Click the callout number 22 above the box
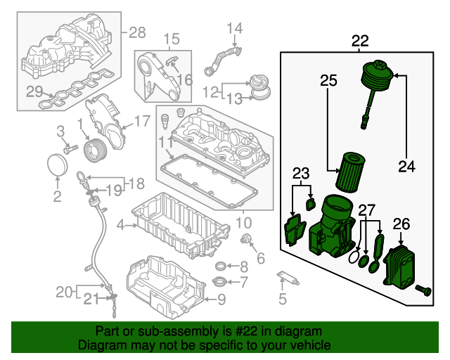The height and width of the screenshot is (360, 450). (x=360, y=41)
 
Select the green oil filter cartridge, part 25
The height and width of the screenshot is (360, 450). (x=350, y=172)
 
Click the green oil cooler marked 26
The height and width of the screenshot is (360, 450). (x=399, y=267)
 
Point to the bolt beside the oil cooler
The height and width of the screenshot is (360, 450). (x=423, y=290)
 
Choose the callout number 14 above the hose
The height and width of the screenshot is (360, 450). (x=234, y=28)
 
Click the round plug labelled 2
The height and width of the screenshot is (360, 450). (x=58, y=165)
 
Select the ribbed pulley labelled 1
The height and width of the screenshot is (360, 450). (x=96, y=150)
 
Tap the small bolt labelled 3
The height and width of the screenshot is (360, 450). (x=70, y=149)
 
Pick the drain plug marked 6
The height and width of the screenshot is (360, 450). (x=246, y=238)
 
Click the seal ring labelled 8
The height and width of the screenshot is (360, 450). (x=221, y=266)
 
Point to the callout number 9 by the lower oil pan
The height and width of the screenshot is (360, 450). (x=221, y=300)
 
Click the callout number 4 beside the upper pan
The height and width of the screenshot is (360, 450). (x=120, y=225)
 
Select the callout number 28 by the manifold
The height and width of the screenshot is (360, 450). (x=137, y=32)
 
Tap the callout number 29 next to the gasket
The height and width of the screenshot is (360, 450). (x=34, y=91)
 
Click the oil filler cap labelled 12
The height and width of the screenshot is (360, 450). (x=259, y=84)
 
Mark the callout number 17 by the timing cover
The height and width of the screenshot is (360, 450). (x=142, y=121)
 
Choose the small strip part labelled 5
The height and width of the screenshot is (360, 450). (x=288, y=278)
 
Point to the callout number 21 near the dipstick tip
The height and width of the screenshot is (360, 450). (x=91, y=299)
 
